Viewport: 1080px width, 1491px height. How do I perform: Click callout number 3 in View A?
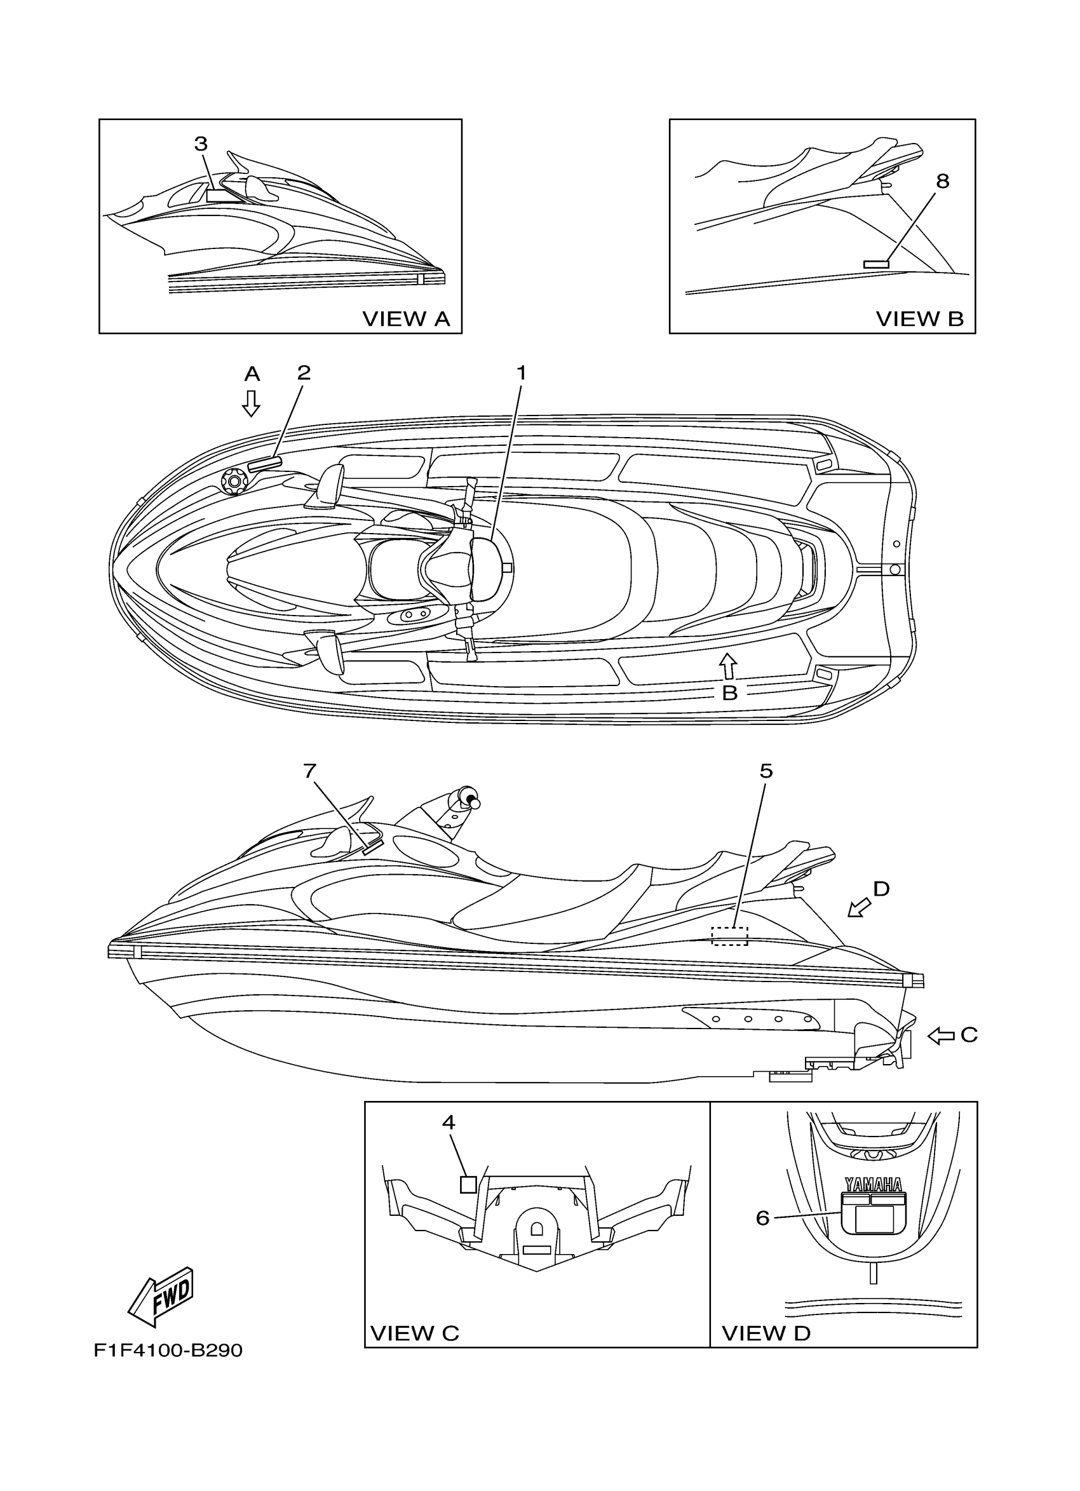coord(201,144)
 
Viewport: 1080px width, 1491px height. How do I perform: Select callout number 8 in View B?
coord(942,181)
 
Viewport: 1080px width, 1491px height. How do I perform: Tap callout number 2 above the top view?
coord(303,373)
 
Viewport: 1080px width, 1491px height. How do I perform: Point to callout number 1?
coord(522,373)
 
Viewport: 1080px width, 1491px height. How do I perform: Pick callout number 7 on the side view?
coord(310,771)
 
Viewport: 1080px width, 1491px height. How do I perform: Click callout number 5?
coord(766,771)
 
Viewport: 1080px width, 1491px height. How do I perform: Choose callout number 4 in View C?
coord(449,1122)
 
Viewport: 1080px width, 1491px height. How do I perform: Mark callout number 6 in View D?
coord(762,1218)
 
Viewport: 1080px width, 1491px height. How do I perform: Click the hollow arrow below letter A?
coord(250,403)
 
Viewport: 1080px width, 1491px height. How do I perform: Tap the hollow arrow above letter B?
coord(727,665)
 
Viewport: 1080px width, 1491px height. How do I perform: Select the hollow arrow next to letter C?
coord(942,1036)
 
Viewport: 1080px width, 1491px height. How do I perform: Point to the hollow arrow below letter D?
coord(858,908)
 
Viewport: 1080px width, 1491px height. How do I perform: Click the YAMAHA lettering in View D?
coord(873,1185)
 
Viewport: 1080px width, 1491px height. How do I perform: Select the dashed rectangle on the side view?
coord(731,936)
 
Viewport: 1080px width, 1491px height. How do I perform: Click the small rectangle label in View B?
coord(875,264)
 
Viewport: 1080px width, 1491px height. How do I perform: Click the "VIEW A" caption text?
coord(406,319)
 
